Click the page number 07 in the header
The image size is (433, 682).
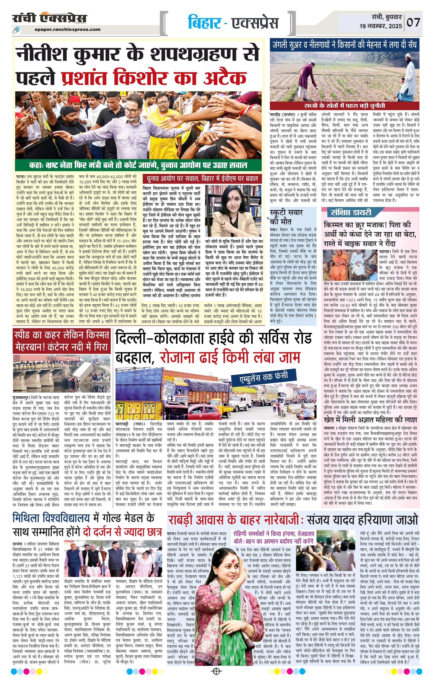click(x=414, y=22)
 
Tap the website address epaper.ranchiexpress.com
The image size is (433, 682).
click(x=68, y=29)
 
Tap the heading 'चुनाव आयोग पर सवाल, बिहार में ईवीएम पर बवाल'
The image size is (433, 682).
click(x=202, y=179)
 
